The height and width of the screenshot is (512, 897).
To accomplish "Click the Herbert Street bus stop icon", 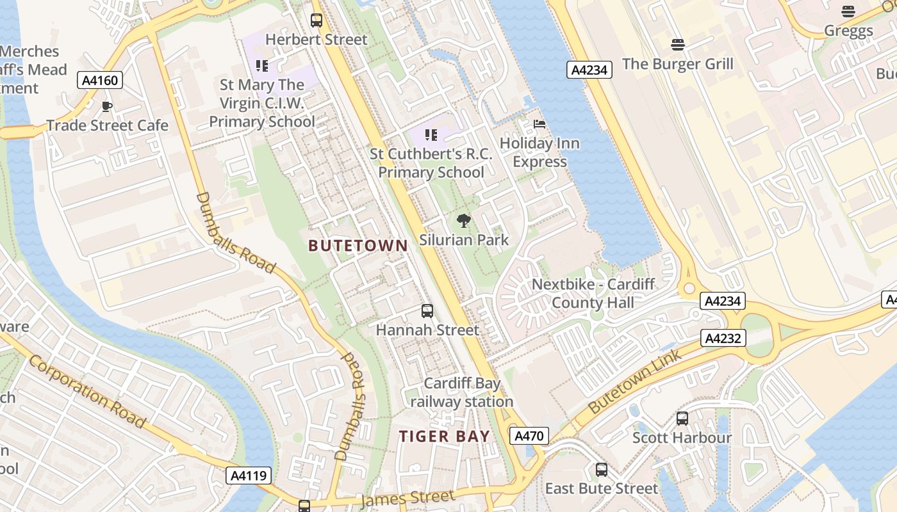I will tap(317, 20).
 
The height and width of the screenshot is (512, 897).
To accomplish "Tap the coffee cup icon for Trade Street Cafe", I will tap(107, 106).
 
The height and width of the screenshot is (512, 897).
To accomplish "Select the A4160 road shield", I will tap(99, 80).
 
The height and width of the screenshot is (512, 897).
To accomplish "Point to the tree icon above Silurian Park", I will tap(463, 221).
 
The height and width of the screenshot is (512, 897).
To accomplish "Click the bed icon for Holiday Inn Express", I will tap(539, 124).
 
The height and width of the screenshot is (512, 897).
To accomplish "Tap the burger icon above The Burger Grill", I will tap(678, 44).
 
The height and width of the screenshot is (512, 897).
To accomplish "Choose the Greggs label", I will tap(848, 31).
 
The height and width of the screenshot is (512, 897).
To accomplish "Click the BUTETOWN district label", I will tap(358, 245).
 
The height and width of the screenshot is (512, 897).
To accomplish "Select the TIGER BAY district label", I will tap(445, 436).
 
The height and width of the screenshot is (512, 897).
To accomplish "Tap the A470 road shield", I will tap(530, 436).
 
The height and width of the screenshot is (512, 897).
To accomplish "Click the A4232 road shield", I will tap(723, 338).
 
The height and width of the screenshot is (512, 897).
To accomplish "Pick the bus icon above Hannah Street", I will tap(427, 311).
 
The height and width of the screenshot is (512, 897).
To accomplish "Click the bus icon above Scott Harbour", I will tap(682, 419).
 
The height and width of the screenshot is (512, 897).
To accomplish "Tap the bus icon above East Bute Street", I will tap(602, 470).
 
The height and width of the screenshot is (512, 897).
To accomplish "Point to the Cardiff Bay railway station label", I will tap(462, 392).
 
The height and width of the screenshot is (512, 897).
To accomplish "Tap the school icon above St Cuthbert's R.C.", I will tap(431, 135).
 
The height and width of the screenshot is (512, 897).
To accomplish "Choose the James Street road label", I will tap(408, 498).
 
